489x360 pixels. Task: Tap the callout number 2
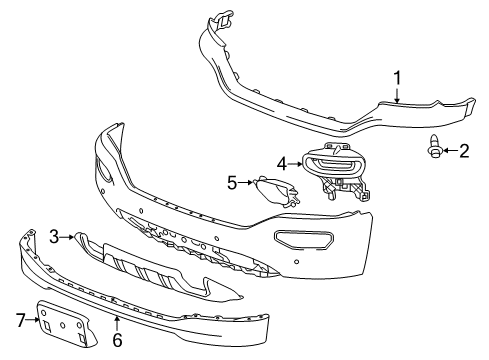point(463,151)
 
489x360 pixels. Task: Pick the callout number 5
point(233,183)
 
